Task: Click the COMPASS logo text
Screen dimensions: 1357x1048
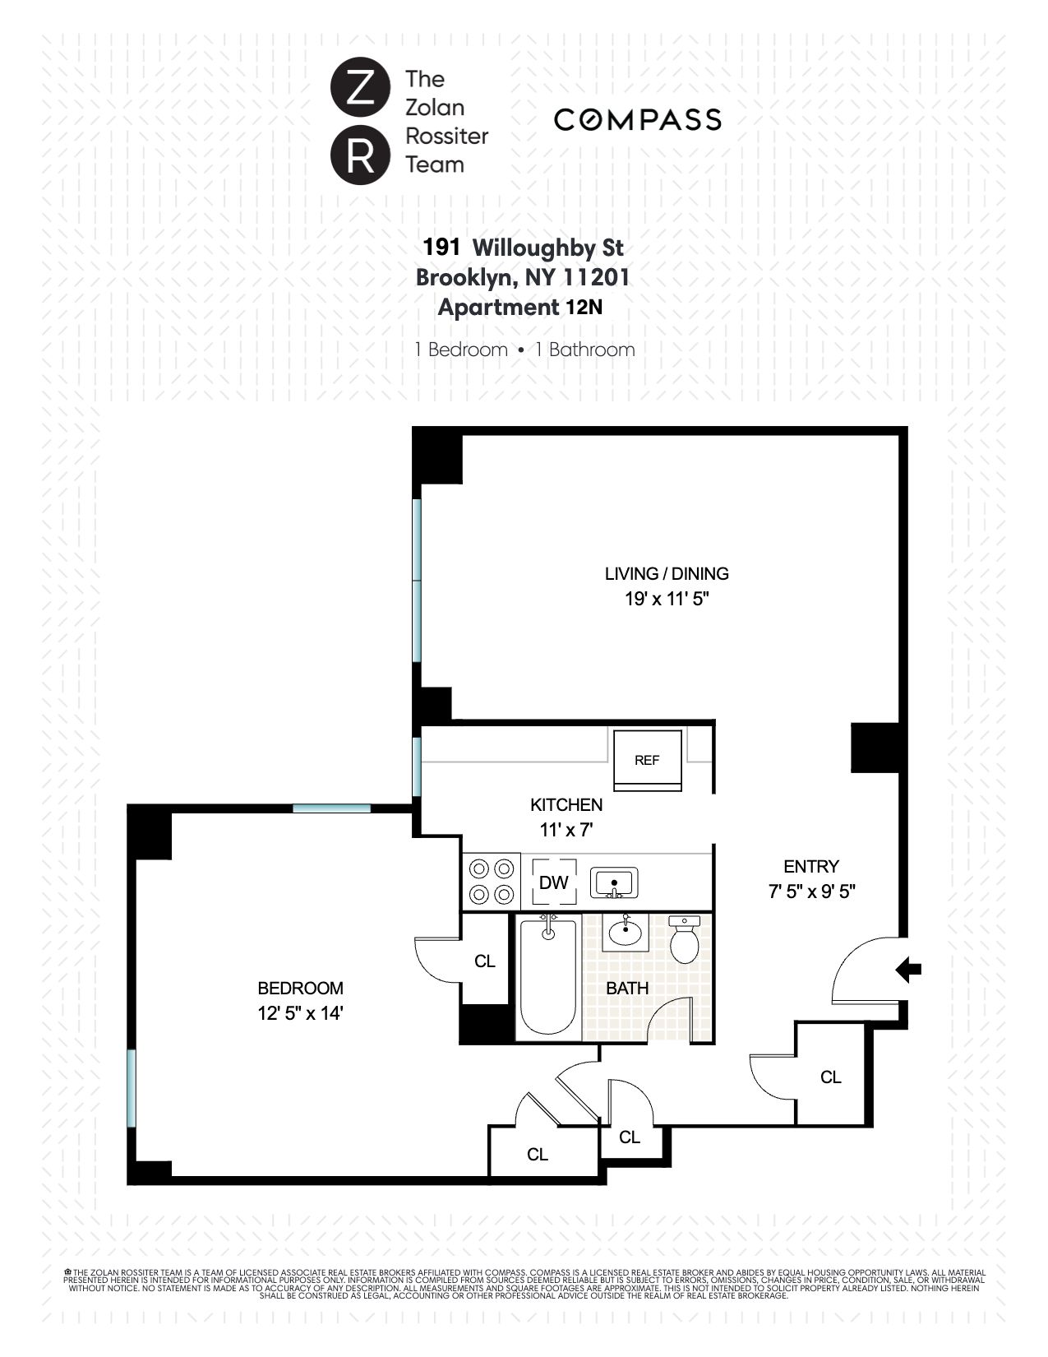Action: pyautogui.click(x=637, y=120)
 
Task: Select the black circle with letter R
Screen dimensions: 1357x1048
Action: pyautogui.click(x=359, y=155)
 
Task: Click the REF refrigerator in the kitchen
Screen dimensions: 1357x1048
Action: pyautogui.click(x=648, y=760)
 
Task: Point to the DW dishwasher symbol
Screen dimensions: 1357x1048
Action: pyautogui.click(x=553, y=883)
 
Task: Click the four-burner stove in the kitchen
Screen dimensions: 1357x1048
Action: pyautogui.click(x=491, y=882)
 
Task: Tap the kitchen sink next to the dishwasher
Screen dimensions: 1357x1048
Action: pyautogui.click(x=613, y=883)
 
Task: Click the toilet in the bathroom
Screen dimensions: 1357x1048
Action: pyautogui.click(x=683, y=940)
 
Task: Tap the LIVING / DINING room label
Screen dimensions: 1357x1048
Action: pyautogui.click(x=667, y=574)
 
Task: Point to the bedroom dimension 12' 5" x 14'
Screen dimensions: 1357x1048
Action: pyautogui.click(x=300, y=1013)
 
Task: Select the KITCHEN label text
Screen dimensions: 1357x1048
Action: pyautogui.click(x=566, y=805)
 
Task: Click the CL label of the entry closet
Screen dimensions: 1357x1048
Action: pyautogui.click(x=830, y=1077)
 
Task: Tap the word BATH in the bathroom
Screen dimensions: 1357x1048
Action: pyautogui.click(x=627, y=989)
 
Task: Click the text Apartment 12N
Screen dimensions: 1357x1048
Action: pyautogui.click(x=520, y=308)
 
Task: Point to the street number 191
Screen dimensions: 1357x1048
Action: pyautogui.click(x=441, y=248)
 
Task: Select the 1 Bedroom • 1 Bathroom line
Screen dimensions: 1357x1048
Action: pyautogui.click(x=524, y=350)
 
